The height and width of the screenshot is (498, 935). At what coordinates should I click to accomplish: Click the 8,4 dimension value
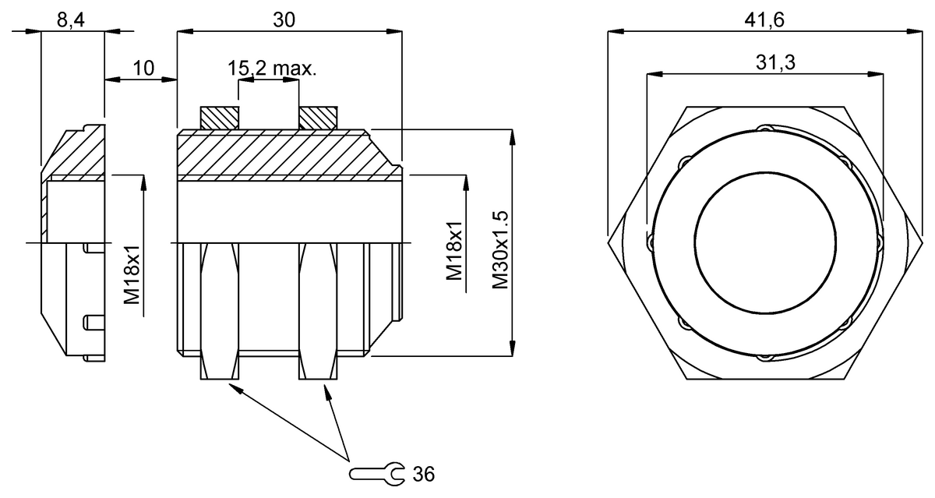click(71, 21)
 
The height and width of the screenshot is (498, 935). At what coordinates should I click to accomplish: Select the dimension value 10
click(143, 68)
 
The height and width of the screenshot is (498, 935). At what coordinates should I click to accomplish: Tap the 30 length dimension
click(284, 21)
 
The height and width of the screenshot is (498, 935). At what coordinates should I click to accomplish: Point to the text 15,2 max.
click(272, 69)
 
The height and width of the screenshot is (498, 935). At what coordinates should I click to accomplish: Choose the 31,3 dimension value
click(764, 63)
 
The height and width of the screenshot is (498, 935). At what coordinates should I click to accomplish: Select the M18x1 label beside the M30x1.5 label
click(455, 251)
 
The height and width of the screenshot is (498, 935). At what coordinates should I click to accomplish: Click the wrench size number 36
click(424, 473)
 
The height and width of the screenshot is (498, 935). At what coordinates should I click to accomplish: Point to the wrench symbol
click(377, 472)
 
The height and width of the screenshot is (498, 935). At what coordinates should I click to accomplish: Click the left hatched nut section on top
click(220, 118)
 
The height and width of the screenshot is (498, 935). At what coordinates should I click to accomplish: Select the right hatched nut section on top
click(317, 118)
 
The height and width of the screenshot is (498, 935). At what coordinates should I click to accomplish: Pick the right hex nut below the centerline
click(317, 312)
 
